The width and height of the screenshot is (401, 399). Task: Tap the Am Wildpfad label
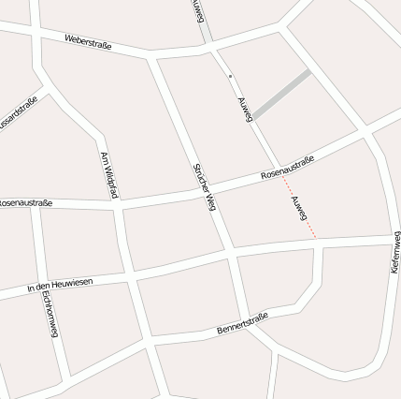[109, 175]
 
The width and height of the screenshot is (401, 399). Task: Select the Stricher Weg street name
[205, 185]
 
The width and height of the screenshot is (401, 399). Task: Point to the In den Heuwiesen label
[60, 284]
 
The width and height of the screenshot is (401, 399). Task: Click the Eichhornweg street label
[50, 314]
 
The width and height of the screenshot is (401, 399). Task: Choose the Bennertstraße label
[242, 323]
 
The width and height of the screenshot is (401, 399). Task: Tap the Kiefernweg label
[394, 253]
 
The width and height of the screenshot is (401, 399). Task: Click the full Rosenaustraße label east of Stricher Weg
[287, 168]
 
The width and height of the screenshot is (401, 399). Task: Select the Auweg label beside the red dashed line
[299, 212]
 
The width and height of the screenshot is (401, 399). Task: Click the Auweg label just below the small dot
[245, 110]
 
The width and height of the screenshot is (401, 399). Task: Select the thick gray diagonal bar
[281, 94]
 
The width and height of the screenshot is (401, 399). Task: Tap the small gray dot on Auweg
[229, 76]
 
